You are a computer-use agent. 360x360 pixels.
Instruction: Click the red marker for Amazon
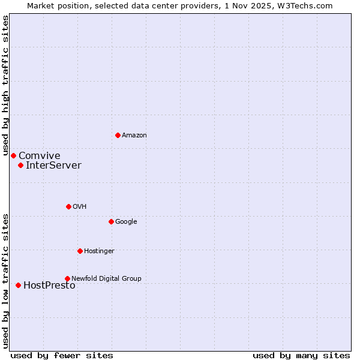pyautogui.click(x=118, y=135)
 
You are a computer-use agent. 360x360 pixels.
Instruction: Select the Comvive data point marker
pyautogui.click(x=13, y=155)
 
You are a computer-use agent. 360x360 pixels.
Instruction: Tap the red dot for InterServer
pyautogui.click(x=20, y=165)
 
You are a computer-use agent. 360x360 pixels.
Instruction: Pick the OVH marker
pyautogui.click(x=68, y=206)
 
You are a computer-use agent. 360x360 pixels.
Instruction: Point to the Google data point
pyautogui.click(x=111, y=221)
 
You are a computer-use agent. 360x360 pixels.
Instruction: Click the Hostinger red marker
pyautogui.click(x=80, y=251)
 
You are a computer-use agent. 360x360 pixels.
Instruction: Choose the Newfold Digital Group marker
pyautogui.click(x=67, y=278)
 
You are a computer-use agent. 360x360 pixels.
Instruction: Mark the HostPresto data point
pyautogui.click(x=18, y=285)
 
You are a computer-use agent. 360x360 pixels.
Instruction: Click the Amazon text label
pyautogui.click(x=134, y=136)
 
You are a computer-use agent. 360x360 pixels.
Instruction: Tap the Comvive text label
pyautogui.click(x=39, y=156)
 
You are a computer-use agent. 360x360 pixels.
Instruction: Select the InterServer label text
pyautogui.click(x=53, y=166)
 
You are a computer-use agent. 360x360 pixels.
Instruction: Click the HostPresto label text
pyautogui.click(x=49, y=286)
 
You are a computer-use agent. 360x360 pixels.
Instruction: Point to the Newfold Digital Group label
pyautogui.click(x=106, y=278)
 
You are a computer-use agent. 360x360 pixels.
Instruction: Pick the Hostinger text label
pyautogui.click(x=99, y=251)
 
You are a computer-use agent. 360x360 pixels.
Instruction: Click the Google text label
pyautogui.click(x=126, y=222)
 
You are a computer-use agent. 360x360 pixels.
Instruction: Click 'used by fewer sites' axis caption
pyautogui.click(x=62, y=356)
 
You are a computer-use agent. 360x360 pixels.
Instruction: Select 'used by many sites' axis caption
pyautogui.click(x=301, y=356)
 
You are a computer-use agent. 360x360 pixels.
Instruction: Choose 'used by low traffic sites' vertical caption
pyautogui.click(x=5, y=281)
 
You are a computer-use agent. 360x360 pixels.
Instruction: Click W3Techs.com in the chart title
pyautogui.click(x=307, y=5)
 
